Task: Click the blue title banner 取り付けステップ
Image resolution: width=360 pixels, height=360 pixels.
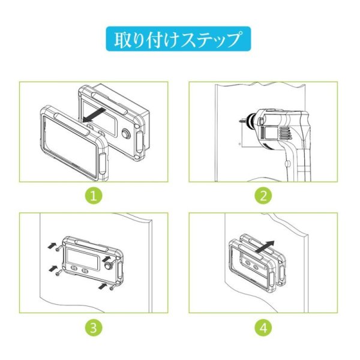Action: pyautogui.click(x=179, y=40)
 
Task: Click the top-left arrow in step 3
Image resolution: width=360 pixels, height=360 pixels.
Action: pyautogui.click(x=52, y=245)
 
